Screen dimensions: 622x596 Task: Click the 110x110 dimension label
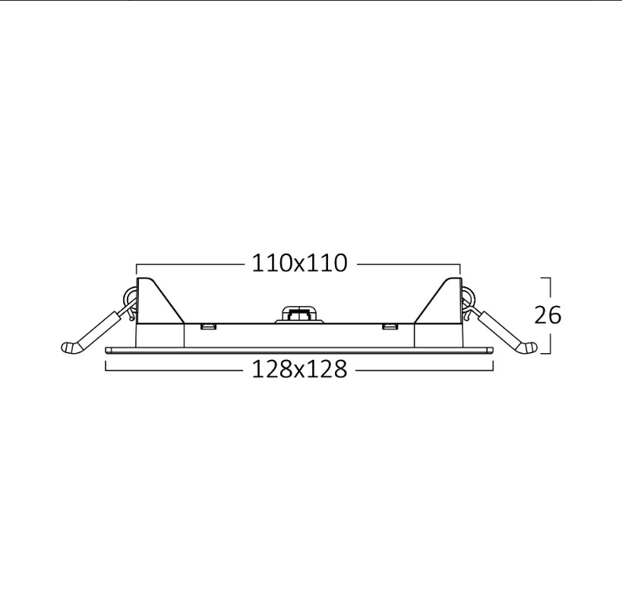(299, 263)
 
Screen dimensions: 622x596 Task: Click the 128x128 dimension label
(299, 370)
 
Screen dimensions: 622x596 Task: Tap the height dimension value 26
(548, 315)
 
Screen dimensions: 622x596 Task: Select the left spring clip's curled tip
(71, 348)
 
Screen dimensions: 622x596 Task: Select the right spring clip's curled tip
(527, 348)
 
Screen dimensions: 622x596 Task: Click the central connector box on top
(299, 314)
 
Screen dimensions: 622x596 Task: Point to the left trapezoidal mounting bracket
(159, 301)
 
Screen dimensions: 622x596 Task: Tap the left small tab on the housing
(207, 326)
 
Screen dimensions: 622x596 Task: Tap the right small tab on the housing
(390, 326)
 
